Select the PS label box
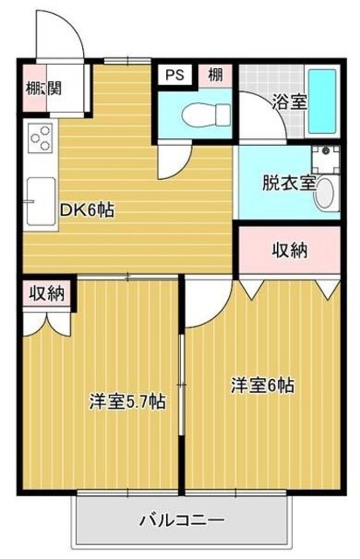[x=170, y=75]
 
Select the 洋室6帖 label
[x=262, y=384]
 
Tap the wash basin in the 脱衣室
[x=325, y=194]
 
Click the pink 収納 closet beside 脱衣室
[x=287, y=251]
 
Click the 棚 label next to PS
[x=215, y=75]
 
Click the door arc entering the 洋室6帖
[x=206, y=306]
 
